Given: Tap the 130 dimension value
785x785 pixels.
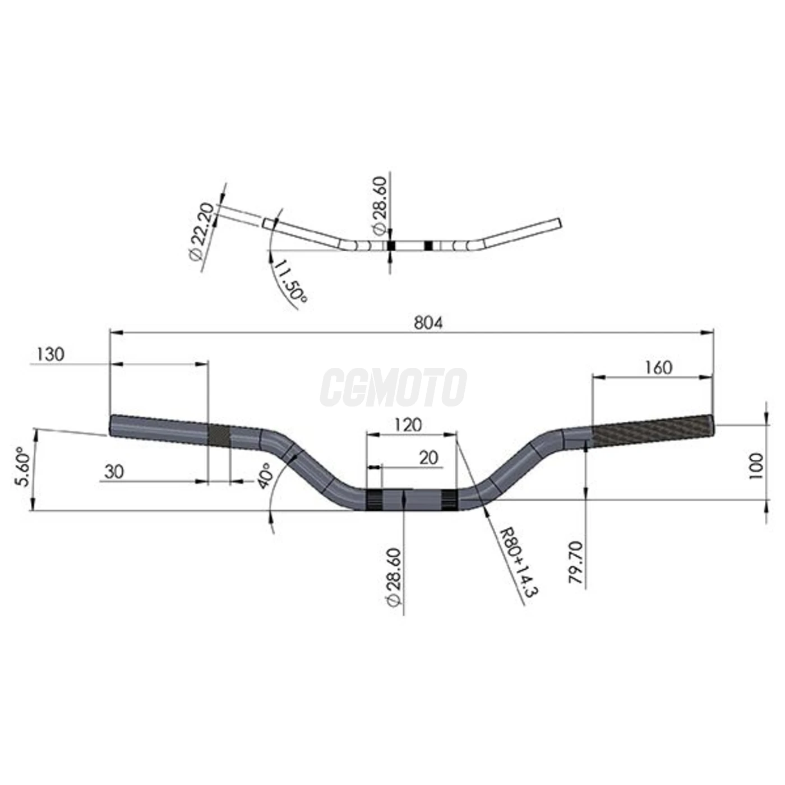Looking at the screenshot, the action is point(50,354).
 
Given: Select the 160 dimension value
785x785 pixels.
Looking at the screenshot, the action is point(658,368).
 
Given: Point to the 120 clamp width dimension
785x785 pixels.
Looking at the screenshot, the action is point(408,425).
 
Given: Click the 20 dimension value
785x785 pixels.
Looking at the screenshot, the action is point(428,458).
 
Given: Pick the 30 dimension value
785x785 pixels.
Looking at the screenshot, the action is point(114,472).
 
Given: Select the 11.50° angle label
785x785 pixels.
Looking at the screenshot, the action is point(290,281).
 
